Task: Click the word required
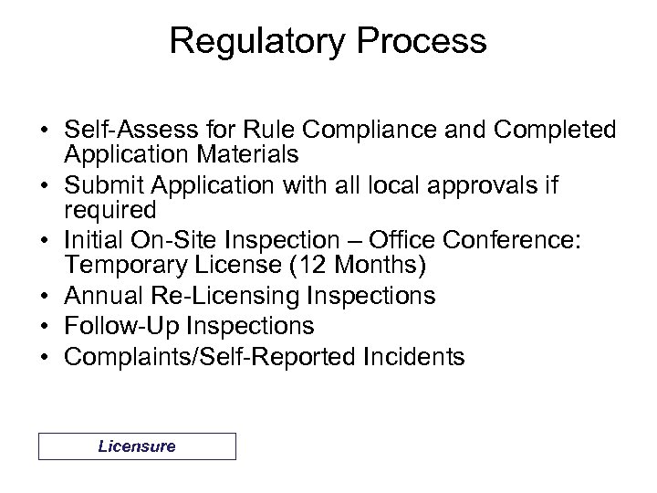109,210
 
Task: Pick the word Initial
89,242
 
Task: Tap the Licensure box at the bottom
137,446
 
